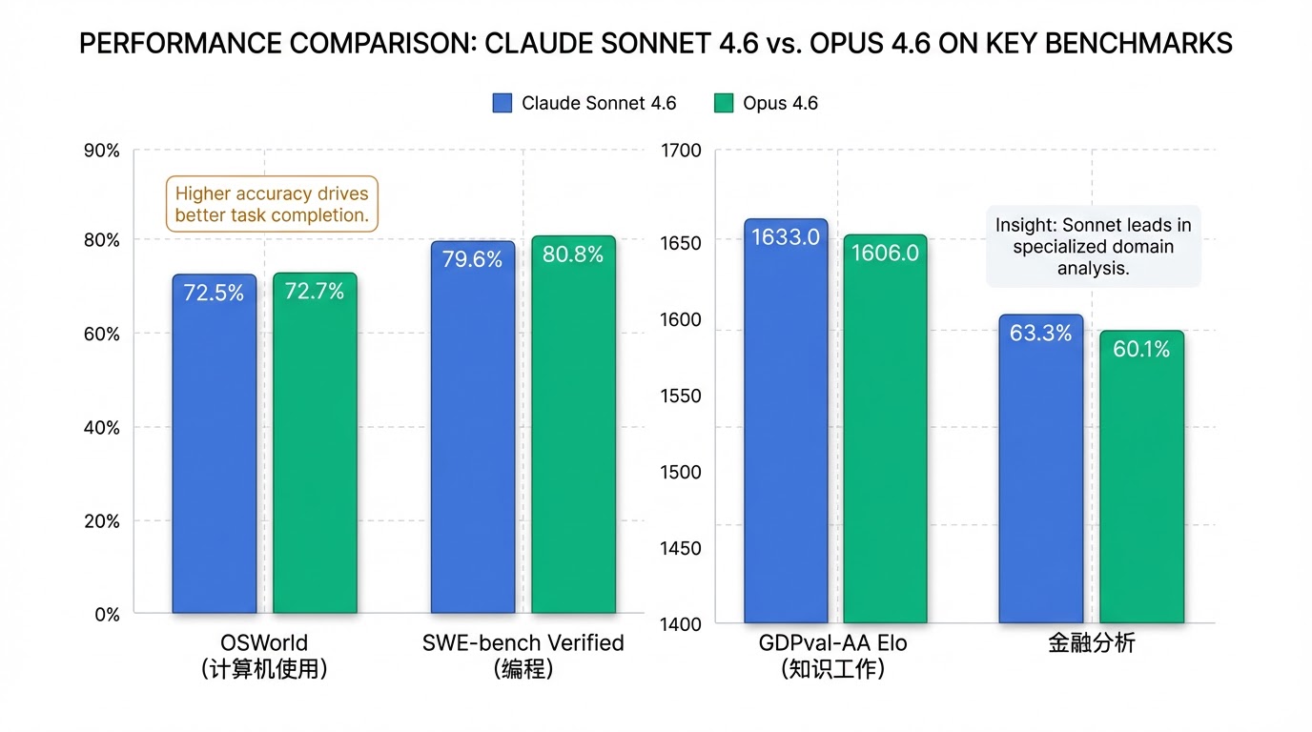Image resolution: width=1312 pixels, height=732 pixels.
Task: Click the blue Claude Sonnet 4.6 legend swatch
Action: coord(502,103)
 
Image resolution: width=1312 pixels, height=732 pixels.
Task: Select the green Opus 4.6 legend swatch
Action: coord(724,103)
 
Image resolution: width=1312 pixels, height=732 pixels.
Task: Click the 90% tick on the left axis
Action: coord(102,151)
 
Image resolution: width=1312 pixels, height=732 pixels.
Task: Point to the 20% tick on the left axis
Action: coord(102,521)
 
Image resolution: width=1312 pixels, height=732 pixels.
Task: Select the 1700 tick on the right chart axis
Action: coord(680,151)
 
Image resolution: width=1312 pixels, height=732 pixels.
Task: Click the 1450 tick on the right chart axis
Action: coord(680,548)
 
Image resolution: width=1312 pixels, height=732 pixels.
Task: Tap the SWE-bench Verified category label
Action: coord(523,643)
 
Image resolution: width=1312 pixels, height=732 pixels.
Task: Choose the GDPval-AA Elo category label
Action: coord(832,643)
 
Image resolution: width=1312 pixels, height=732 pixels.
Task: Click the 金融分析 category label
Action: coord(1091,643)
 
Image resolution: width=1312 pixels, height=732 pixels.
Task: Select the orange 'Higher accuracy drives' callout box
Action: coord(272,204)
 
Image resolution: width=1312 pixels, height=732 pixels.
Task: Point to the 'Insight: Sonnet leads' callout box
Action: coord(1093,247)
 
